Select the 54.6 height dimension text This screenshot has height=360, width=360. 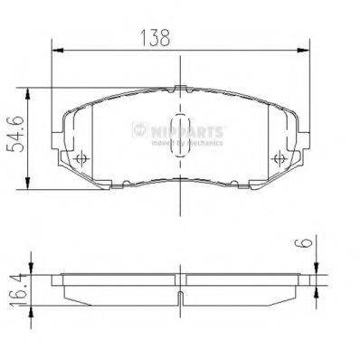13,135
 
